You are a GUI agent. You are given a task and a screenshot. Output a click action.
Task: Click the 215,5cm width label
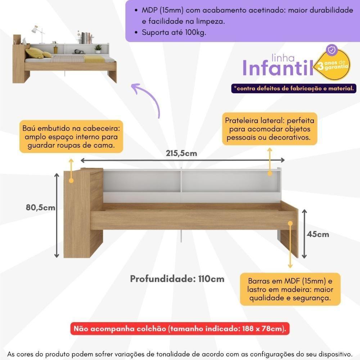coord(181,153)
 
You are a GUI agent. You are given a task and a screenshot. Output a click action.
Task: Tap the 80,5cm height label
coord(40,207)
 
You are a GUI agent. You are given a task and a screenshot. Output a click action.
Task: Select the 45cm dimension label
coord(318,234)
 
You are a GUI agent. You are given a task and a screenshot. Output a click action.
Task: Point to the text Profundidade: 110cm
coord(177,279)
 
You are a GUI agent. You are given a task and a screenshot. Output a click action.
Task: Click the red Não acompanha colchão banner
coord(180,329)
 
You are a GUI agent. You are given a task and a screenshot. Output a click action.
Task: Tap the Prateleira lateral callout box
coord(270,129)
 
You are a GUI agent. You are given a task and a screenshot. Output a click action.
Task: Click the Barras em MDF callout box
coord(290,289)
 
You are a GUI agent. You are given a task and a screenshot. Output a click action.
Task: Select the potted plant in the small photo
coord(98,49)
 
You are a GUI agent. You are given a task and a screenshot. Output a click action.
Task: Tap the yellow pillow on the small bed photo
coord(35,53)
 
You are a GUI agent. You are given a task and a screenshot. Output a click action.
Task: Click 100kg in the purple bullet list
coord(196,32)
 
